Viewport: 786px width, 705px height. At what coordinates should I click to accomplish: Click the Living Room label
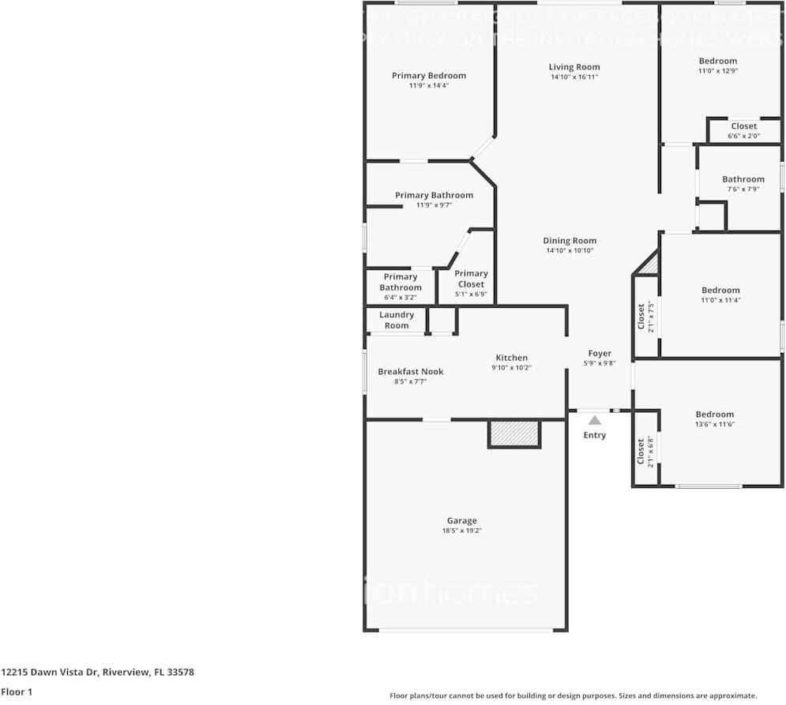pos(574,67)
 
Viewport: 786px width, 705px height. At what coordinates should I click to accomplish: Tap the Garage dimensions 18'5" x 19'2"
pos(461,531)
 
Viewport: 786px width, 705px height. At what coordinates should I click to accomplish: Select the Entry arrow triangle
pos(594,421)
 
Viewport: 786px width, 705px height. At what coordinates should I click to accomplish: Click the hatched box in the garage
pos(513,434)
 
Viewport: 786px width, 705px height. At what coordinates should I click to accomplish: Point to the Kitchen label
pos(511,358)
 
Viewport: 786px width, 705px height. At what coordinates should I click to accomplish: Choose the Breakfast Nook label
pos(410,371)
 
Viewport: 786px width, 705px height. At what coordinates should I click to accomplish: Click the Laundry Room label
pos(397,320)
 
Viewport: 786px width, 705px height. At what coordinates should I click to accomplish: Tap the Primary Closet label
pos(471,279)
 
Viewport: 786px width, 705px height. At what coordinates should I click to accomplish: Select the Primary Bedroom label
pos(429,76)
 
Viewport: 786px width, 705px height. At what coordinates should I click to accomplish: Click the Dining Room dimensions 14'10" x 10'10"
pos(570,251)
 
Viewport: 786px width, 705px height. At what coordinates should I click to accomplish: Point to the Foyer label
pos(600,354)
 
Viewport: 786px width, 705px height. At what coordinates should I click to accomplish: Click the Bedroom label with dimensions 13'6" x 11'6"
pos(714,414)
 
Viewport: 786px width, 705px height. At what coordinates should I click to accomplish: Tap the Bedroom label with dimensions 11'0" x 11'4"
pos(720,291)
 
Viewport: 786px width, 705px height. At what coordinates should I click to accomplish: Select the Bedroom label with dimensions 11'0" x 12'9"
pos(718,61)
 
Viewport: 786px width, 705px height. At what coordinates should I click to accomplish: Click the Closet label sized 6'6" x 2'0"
pos(743,126)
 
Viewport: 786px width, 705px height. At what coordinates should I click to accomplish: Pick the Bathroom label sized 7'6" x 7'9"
pos(743,179)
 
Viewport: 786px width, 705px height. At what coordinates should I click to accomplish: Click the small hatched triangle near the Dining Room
pos(649,264)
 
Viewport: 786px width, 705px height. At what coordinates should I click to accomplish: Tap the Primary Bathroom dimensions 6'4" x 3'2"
pos(401,298)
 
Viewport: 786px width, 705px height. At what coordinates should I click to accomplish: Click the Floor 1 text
pos(17,692)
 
